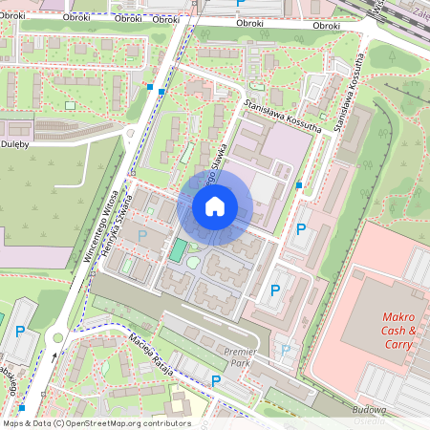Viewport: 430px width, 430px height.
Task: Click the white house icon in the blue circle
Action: tap(215, 205)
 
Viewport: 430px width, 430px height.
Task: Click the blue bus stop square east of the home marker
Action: tap(299, 184)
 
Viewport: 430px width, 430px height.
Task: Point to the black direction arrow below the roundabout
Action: tap(54, 357)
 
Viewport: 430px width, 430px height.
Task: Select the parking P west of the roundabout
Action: tap(20, 332)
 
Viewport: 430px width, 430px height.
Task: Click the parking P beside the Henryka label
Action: tap(143, 235)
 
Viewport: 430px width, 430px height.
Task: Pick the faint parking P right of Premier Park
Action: tap(285, 351)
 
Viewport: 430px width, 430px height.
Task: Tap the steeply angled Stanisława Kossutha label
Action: tap(351, 105)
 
